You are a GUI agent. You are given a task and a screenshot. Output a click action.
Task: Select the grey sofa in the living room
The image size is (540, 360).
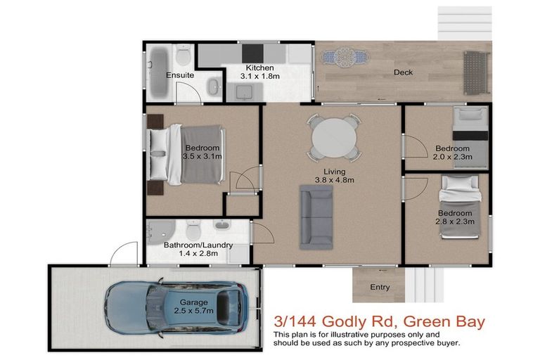(316, 217)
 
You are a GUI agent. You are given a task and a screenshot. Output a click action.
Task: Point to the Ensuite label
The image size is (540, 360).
(180, 75)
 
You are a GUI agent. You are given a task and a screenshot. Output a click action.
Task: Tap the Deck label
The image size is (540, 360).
(403, 72)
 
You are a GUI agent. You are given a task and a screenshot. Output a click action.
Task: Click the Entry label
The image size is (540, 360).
(380, 287)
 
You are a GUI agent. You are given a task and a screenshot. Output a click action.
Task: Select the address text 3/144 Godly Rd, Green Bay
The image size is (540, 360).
(380, 322)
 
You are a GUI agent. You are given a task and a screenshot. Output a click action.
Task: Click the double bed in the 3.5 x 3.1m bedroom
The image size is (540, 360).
(186, 153)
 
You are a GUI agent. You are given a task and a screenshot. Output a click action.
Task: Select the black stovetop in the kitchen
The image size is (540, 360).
(252, 53)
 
